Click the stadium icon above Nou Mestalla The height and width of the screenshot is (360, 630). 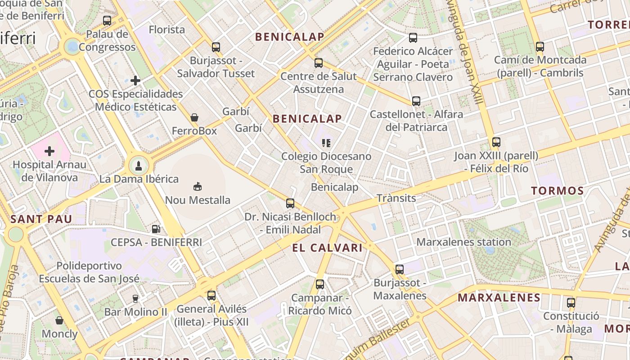[x=197, y=186]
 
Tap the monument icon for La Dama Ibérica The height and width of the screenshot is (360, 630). [x=139, y=165]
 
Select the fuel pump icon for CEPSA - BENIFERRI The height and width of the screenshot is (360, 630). [x=156, y=229]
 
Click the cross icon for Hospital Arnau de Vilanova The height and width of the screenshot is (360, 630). [x=49, y=151]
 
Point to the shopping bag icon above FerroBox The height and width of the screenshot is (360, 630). [x=194, y=117]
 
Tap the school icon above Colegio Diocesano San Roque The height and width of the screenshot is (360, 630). [x=326, y=143]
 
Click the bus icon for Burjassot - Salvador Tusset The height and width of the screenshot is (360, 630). [x=216, y=47]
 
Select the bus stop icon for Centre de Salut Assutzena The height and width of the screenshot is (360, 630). [x=319, y=63]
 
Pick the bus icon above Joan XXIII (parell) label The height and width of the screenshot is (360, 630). [x=496, y=142]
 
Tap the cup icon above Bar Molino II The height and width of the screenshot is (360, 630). [x=135, y=298]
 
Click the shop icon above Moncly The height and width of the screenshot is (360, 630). [x=59, y=320]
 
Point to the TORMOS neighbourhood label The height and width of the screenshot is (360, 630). [x=558, y=191]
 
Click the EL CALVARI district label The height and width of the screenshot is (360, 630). [x=327, y=247]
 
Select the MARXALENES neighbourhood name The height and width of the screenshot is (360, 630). [x=499, y=297]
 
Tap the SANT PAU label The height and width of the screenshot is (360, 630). [x=41, y=220]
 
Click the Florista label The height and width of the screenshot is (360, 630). [x=167, y=30]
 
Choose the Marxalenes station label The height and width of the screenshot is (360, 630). [x=463, y=242]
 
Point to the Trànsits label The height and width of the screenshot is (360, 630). [x=396, y=198]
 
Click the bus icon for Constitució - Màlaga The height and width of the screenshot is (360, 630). [x=571, y=302]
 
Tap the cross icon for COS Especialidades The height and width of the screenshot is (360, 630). [x=135, y=81]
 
